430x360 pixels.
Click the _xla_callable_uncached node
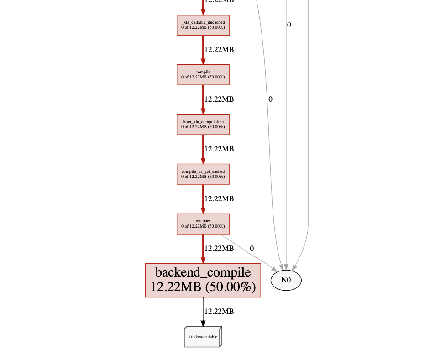point(203,25)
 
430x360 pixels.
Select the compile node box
point(203,74)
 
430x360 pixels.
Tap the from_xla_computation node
point(203,124)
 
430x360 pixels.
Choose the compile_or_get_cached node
point(203,174)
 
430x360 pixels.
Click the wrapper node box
point(203,224)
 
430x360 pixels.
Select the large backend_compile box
point(203,280)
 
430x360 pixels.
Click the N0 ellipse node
point(286,280)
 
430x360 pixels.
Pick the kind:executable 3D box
point(203,337)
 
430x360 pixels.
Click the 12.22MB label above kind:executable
point(219,311)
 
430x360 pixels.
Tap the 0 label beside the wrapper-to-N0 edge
point(252,249)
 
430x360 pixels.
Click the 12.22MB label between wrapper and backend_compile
point(219,248)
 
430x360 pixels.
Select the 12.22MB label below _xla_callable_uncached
point(219,49)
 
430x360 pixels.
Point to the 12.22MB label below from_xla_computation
point(219,149)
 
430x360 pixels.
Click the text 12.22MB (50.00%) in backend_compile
point(203,287)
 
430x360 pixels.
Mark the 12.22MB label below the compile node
point(219,99)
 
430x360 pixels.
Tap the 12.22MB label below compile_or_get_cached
point(219,198)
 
